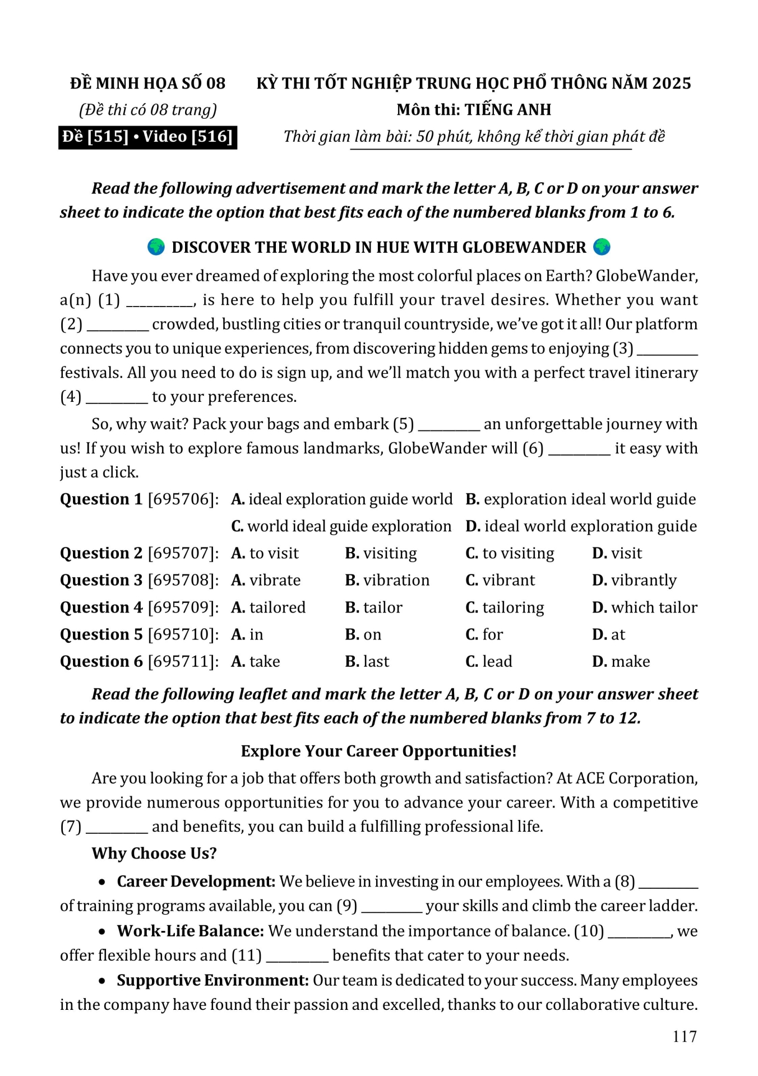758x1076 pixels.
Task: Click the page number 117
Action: pyautogui.click(x=685, y=1036)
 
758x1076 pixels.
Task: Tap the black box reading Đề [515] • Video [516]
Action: pyautogui.click(x=147, y=137)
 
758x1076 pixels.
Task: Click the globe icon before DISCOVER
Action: pyautogui.click(x=156, y=247)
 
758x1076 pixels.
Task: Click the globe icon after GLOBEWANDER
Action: pyautogui.click(x=602, y=247)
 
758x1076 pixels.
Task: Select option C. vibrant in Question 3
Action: pyautogui.click(x=500, y=580)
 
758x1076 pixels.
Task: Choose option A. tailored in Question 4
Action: pyautogui.click(x=268, y=607)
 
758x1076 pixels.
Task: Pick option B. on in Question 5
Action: pyautogui.click(x=363, y=634)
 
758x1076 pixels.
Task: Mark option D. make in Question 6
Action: pyautogui.click(x=621, y=661)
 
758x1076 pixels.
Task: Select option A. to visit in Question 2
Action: pyautogui.click(x=265, y=553)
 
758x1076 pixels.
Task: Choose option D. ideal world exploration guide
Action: pyautogui.click(x=581, y=526)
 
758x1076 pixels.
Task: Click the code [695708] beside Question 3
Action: pyautogui.click(x=183, y=580)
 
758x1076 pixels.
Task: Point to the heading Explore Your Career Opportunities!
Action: pyautogui.click(x=378, y=751)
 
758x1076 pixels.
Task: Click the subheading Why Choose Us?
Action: pyautogui.click(x=154, y=853)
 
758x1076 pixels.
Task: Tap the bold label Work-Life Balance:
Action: pyautogui.click(x=190, y=931)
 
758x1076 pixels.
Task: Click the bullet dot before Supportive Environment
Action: pyautogui.click(x=102, y=981)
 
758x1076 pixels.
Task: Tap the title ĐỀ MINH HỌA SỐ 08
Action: pyautogui.click(x=147, y=84)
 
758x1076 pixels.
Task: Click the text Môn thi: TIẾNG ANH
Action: pyautogui.click(x=474, y=110)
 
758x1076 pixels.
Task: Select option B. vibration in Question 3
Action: pyautogui.click(x=387, y=580)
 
